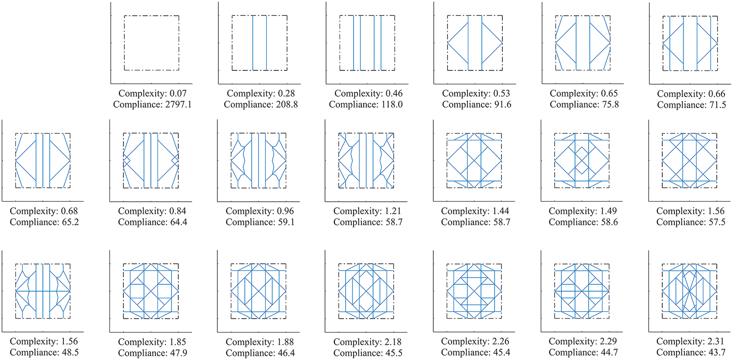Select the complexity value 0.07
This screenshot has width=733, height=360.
pyautogui.click(x=178, y=94)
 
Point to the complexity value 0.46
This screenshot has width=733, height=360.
pyautogui.click(x=394, y=94)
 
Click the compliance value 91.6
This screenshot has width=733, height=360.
pyautogui.click(x=502, y=105)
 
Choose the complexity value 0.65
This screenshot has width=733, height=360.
pyautogui.click(x=609, y=94)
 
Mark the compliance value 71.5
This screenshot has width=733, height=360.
pyautogui.click(x=716, y=105)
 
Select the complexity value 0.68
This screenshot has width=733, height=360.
pyautogui.click(x=70, y=211)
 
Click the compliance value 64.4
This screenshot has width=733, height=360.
pyautogui.click(x=178, y=222)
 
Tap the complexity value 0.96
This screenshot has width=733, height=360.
pyautogui.click(x=285, y=211)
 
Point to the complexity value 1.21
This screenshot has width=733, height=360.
pyautogui.click(x=393, y=211)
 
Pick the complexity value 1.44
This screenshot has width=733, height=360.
pyautogui.click(x=501, y=211)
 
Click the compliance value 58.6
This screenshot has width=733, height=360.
pyautogui.click(x=608, y=222)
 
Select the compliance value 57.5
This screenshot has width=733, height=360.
pyautogui.click(x=716, y=222)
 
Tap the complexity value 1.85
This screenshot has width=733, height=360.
pyautogui.click(x=177, y=342)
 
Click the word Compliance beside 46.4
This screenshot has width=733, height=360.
pyautogui.click(x=246, y=353)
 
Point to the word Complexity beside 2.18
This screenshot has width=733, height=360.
pyautogui.click(x=353, y=342)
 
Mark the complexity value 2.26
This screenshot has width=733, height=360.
pyautogui.click(x=501, y=341)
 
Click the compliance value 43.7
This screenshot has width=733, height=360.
pyautogui.click(x=716, y=353)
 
